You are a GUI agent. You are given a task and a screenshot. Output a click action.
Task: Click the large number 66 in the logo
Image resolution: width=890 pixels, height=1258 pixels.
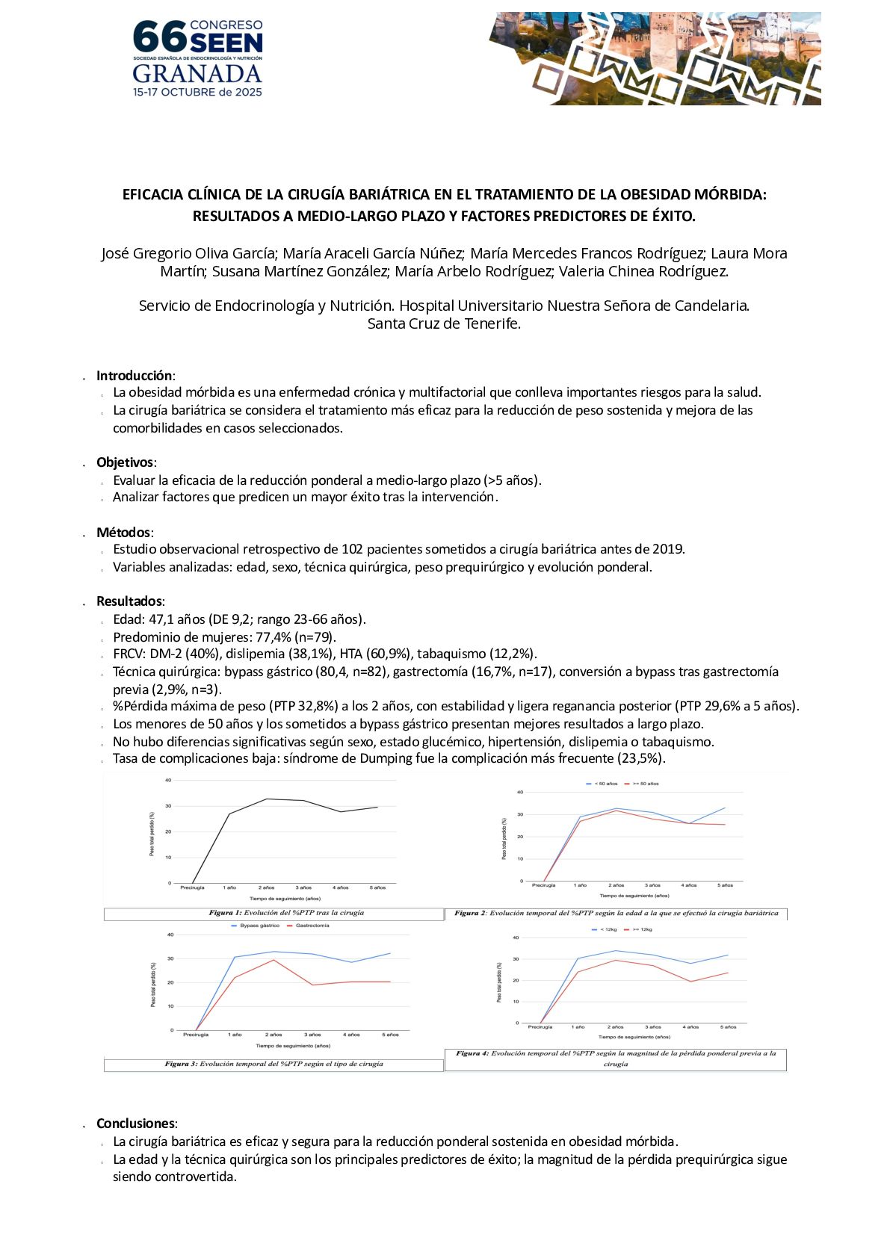coord(159,36)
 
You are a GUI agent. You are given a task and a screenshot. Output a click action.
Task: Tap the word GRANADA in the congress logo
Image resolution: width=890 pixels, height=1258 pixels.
coord(197,74)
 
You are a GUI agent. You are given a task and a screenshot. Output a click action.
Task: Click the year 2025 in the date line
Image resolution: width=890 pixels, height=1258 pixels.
coord(248,93)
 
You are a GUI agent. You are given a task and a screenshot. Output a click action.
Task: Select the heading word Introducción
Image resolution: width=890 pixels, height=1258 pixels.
coord(135,376)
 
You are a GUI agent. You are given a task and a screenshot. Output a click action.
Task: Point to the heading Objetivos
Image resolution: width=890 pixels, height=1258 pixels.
coord(125,462)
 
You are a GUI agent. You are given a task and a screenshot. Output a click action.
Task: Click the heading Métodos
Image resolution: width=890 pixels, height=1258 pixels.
coord(123,533)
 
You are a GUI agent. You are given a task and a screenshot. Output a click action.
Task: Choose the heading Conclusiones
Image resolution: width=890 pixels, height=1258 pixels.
coord(136,1124)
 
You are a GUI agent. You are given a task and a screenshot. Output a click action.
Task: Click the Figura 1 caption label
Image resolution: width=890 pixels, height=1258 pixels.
coord(221,913)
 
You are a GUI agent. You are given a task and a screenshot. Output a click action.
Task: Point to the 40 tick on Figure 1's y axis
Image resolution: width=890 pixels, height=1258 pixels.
coord(168,780)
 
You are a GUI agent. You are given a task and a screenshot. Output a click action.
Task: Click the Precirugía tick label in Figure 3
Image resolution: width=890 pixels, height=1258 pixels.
coord(196,1035)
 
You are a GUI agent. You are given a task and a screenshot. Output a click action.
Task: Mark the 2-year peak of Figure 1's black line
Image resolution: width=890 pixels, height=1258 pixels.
coord(267,799)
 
